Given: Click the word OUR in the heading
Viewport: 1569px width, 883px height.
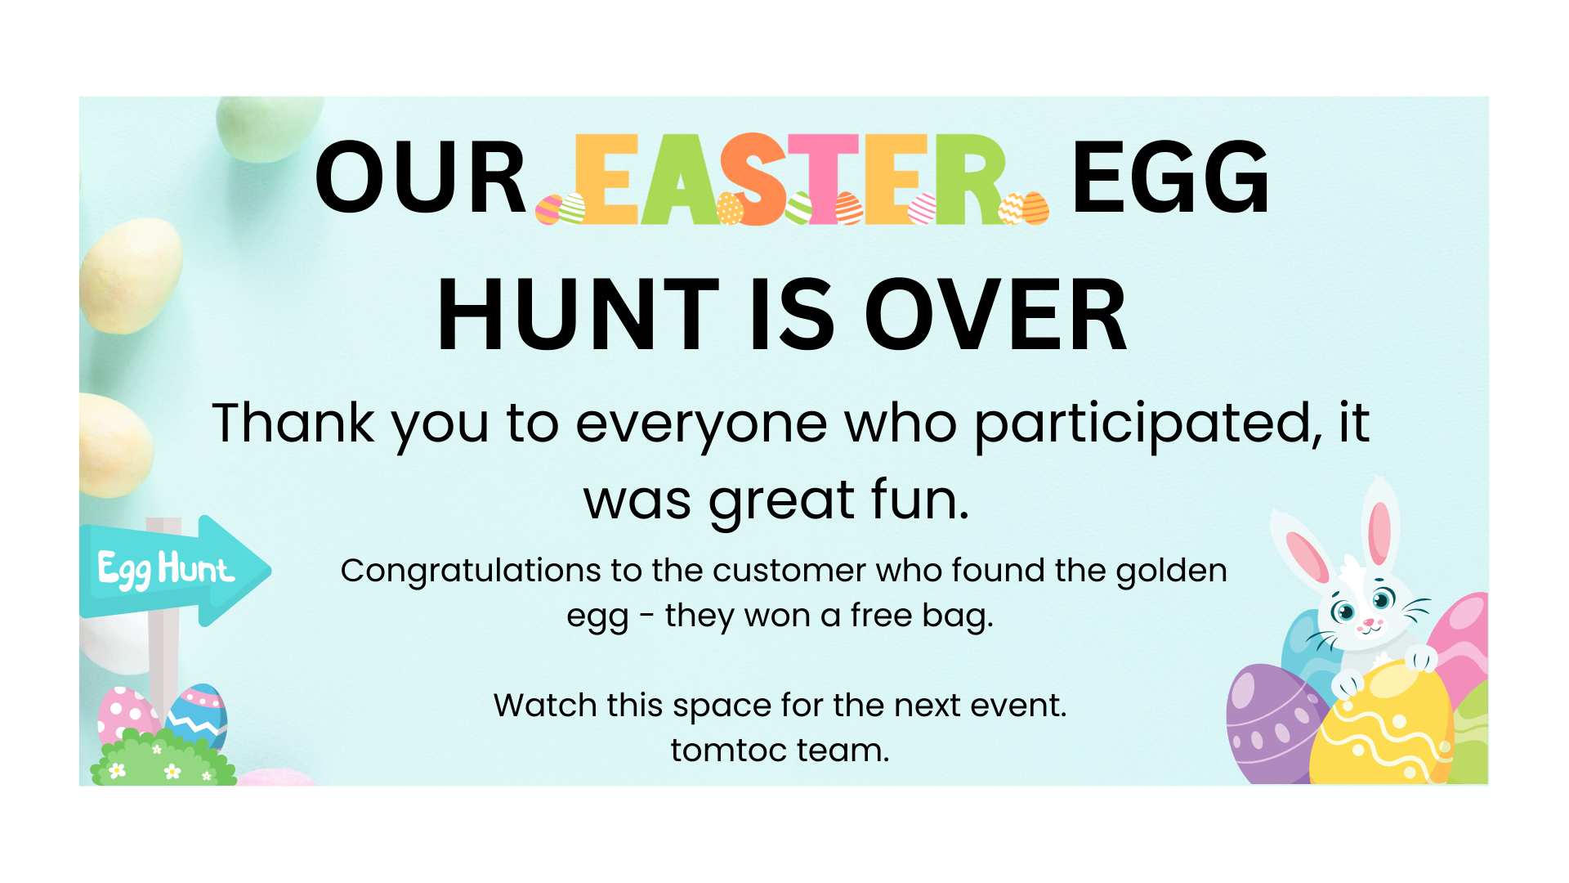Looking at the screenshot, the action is click(421, 177).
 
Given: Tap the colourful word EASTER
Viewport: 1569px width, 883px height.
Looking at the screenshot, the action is click(791, 179).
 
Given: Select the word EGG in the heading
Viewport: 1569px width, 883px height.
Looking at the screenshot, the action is click(1170, 177).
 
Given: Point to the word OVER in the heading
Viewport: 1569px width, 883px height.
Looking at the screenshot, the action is click(995, 315).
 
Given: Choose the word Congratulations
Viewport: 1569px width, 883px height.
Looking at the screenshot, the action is click(471, 571).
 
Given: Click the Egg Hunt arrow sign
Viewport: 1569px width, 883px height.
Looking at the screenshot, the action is click(175, 571).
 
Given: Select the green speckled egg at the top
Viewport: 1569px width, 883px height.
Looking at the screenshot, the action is click(268, 127).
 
